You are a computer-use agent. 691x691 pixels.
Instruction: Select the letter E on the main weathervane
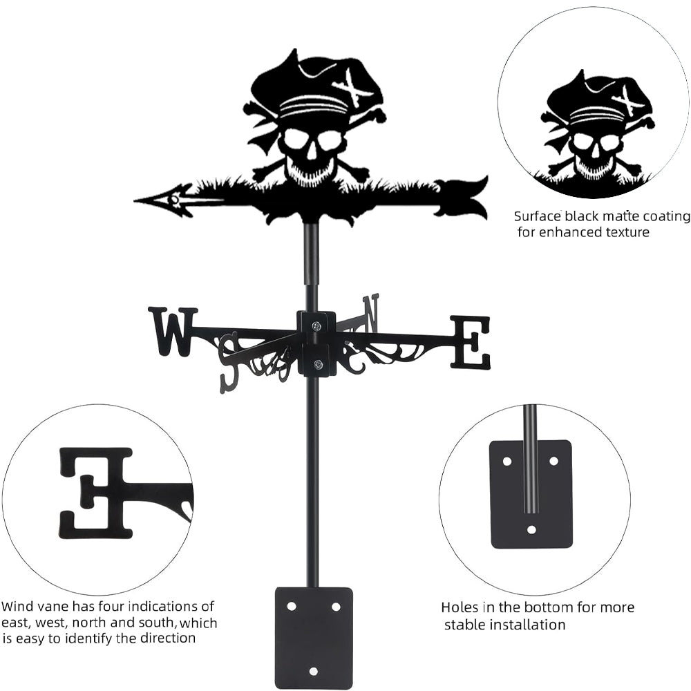pyautogui.click(x=471, y=342)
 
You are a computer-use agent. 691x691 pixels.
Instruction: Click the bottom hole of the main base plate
pyautogui.click(x=313, y=671)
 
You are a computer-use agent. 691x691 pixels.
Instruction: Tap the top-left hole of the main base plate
pyautogui.click(x=292, y=606)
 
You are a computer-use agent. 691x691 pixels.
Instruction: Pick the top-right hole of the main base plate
pyautogui.click(x=336, y=606)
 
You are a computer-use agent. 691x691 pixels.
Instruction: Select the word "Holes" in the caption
pyautogui.click(x=459, y=608)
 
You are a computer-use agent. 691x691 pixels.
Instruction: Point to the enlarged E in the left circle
pyautogui.click(x=97, y=493)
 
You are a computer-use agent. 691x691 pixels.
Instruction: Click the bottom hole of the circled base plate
pyautogui.click(x=531, y=530)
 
